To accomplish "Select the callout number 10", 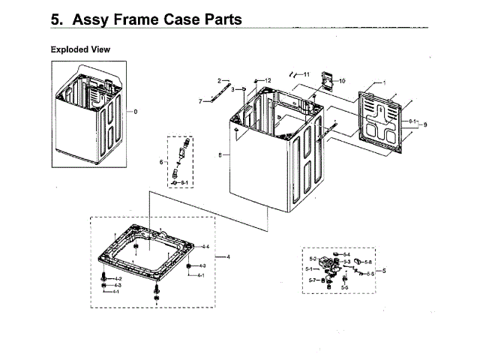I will pos(343,80).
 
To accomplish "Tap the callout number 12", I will pos(268,79).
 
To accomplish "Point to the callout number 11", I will pos(306,74).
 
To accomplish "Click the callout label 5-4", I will pos(346,254).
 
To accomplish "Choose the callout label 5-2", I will pos(313,259).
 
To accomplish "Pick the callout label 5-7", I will pos(312,280).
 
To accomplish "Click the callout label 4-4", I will pos(204,246).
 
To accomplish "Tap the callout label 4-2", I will pos(118,278).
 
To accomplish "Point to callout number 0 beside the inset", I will pos(136,112).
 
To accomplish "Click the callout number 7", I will pos(200,101).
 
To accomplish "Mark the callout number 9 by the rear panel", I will pos(425,124).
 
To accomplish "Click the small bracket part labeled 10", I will pos(326,79).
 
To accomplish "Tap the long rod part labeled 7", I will pos(218,95).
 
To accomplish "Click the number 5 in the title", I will pos(55,20).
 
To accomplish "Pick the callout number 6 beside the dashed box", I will pos(160,161).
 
